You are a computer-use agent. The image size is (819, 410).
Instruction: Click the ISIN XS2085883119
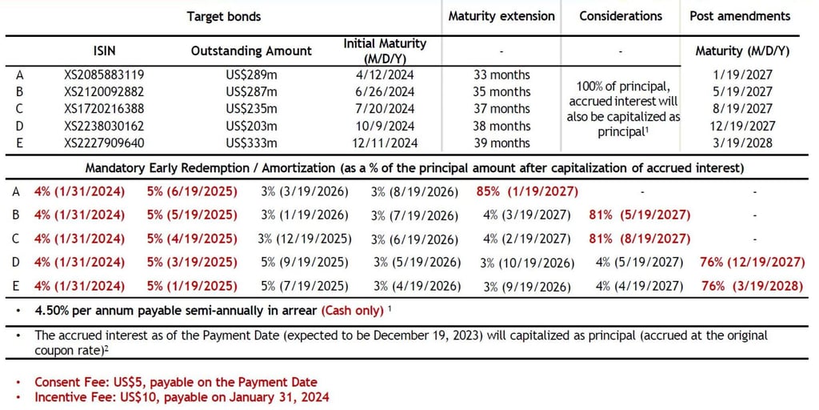(x=104, y=74)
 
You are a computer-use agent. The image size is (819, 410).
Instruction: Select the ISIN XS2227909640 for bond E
(x=104, y=143)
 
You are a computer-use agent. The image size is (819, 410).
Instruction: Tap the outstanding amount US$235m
(x=250, y=109)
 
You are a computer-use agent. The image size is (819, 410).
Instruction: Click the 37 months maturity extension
(x=501, y=109)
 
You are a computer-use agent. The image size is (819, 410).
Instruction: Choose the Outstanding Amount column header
(x=251, y=50)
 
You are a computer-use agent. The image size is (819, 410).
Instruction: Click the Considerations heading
(x=621, y=16)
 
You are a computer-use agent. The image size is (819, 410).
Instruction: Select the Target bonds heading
(x=224, y=16)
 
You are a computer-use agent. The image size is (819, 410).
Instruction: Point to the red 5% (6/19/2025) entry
(x=192, y=191)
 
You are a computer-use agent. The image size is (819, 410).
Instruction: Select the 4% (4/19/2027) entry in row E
(x=639, y=286)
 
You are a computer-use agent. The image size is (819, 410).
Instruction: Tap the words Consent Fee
(x=68, y=382)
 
